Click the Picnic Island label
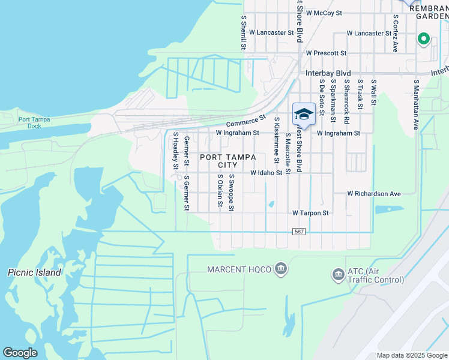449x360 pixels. coord(35,272)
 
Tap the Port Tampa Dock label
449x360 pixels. coord(34,122)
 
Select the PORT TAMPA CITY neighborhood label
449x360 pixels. coord(228,161)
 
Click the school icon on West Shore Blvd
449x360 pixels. coord(304,114)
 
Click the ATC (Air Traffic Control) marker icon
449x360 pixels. coord(338,275)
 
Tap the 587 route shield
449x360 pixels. coord(299,232)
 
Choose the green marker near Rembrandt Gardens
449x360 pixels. coord(423,40)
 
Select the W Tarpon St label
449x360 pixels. coord(310,213)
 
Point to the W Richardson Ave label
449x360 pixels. coord(374,194)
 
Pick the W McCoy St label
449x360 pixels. coord(324,12)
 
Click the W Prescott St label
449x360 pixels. coord(328,53)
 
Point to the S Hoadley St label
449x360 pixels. coord(175,151)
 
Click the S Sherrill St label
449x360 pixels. coord(244,32)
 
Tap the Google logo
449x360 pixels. coord(20,353)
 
